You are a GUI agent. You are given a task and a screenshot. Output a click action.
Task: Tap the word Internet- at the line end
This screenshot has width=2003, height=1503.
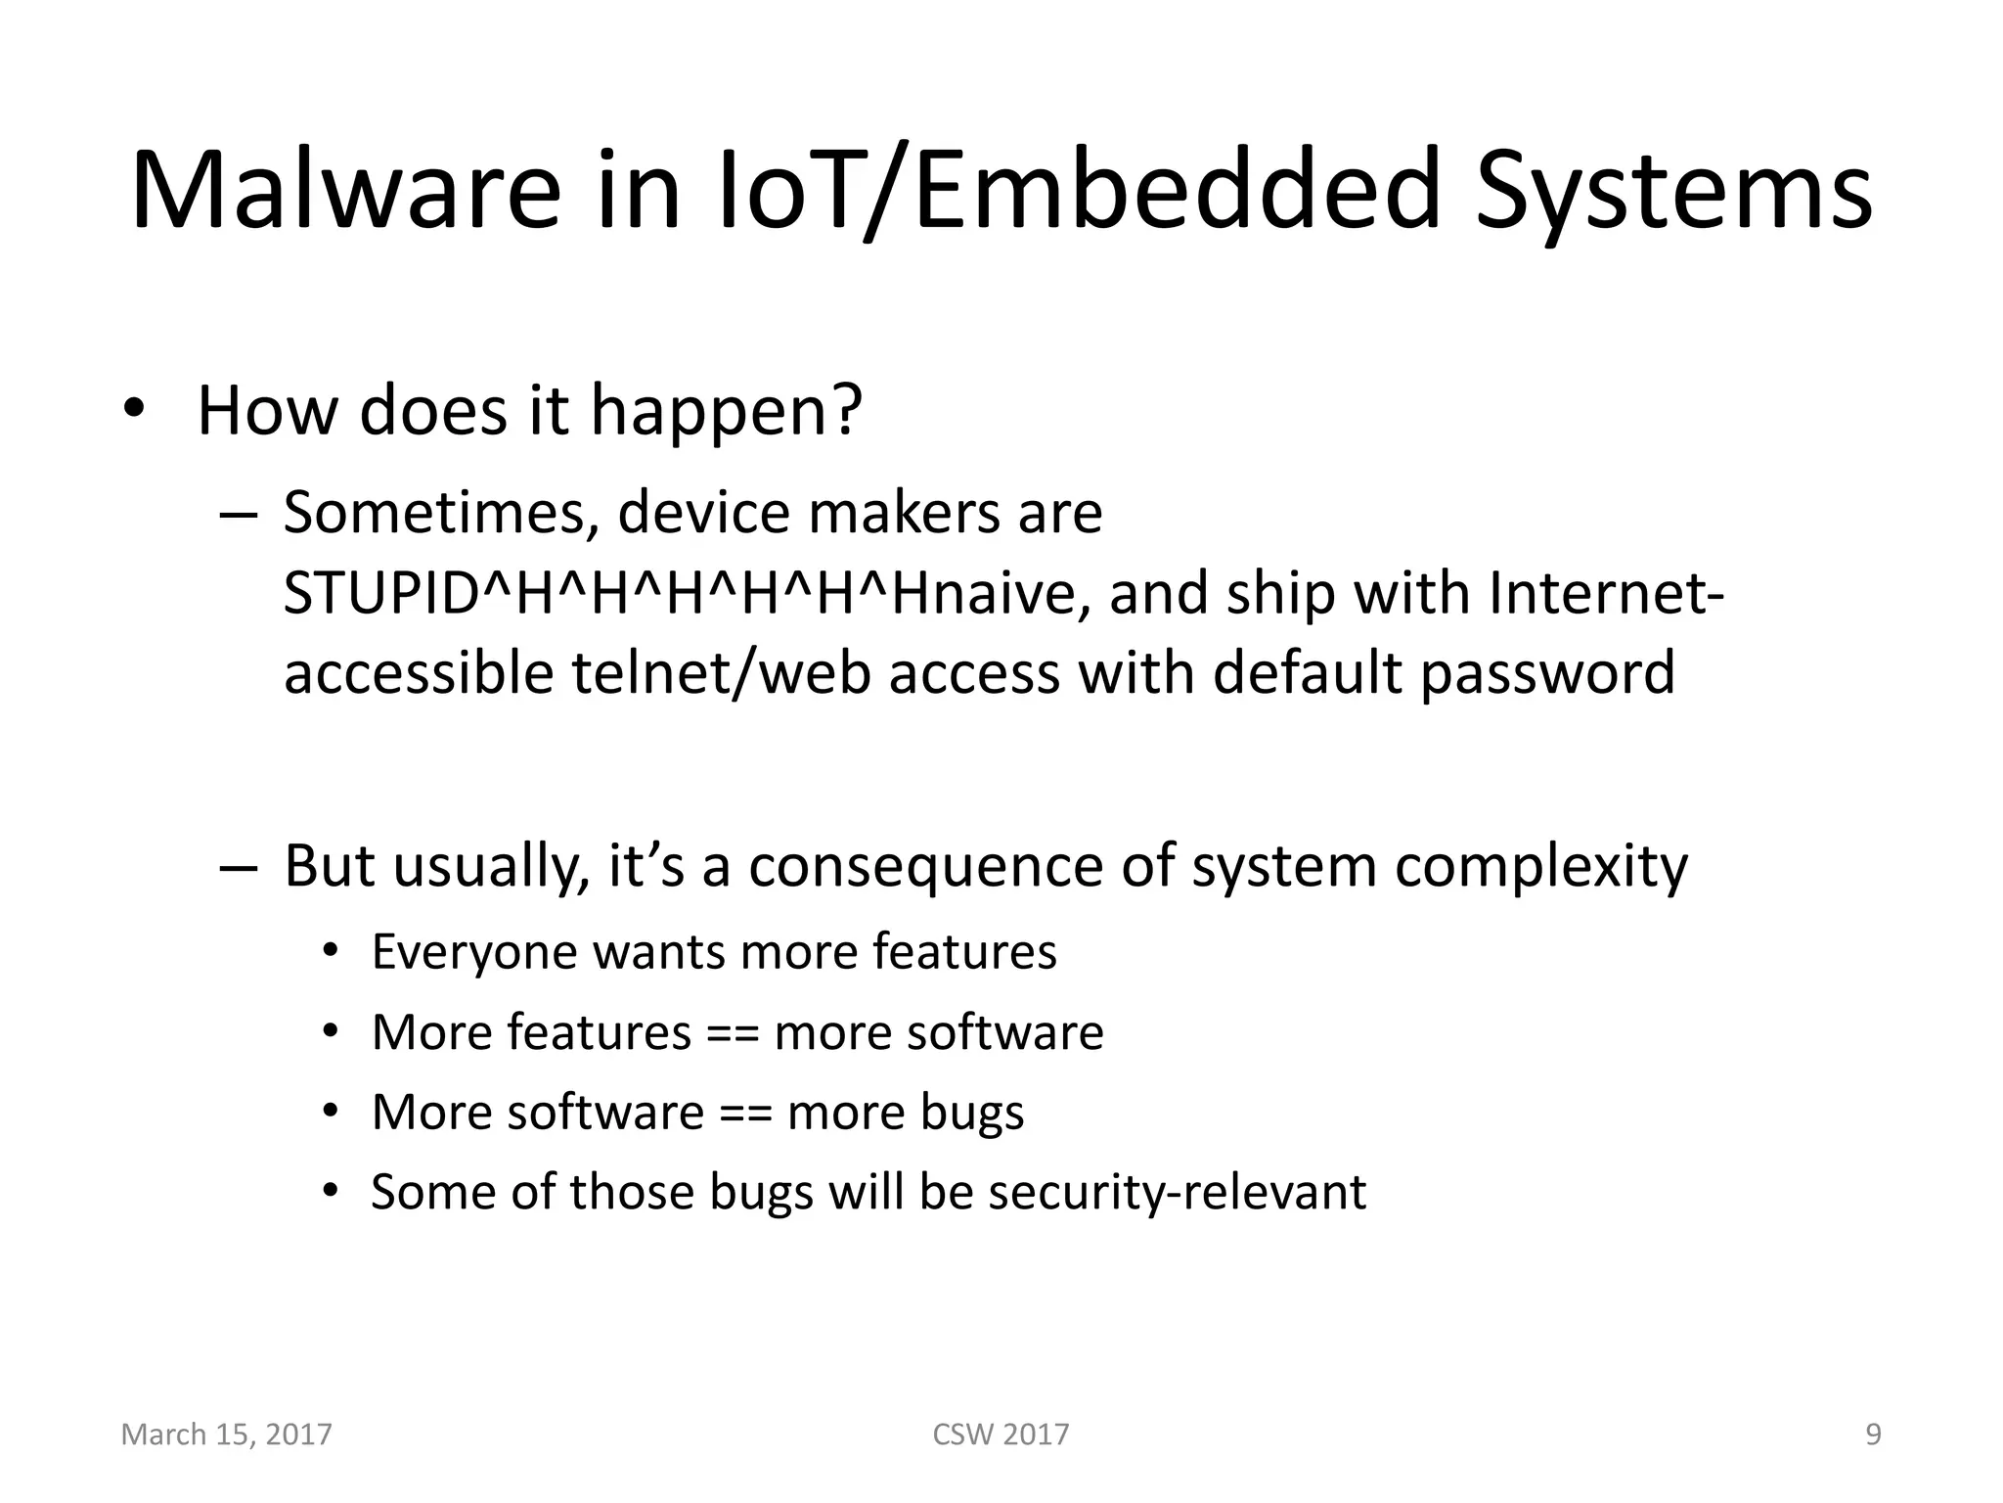coord(1605,593)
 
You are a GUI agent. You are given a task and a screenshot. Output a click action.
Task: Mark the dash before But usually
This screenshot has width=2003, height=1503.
coord(239,867)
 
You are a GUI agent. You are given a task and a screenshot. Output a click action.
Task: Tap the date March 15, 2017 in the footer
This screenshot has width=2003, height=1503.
coord(226,1435)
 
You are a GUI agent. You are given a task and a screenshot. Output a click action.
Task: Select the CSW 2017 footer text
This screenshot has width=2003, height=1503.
coord(1001,1435)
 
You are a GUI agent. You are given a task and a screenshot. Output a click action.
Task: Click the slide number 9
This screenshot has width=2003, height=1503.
coord(1873,1435)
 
